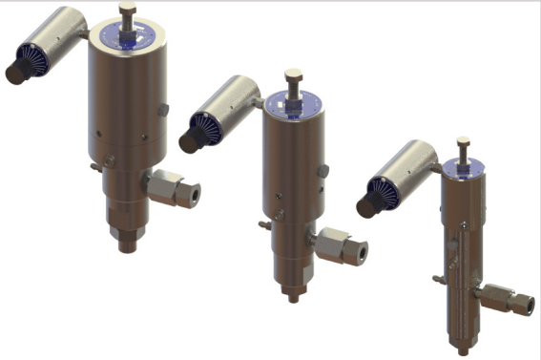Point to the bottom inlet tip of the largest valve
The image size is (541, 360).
127,244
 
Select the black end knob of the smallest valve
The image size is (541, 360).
365,205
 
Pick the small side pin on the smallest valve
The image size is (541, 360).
437,280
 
